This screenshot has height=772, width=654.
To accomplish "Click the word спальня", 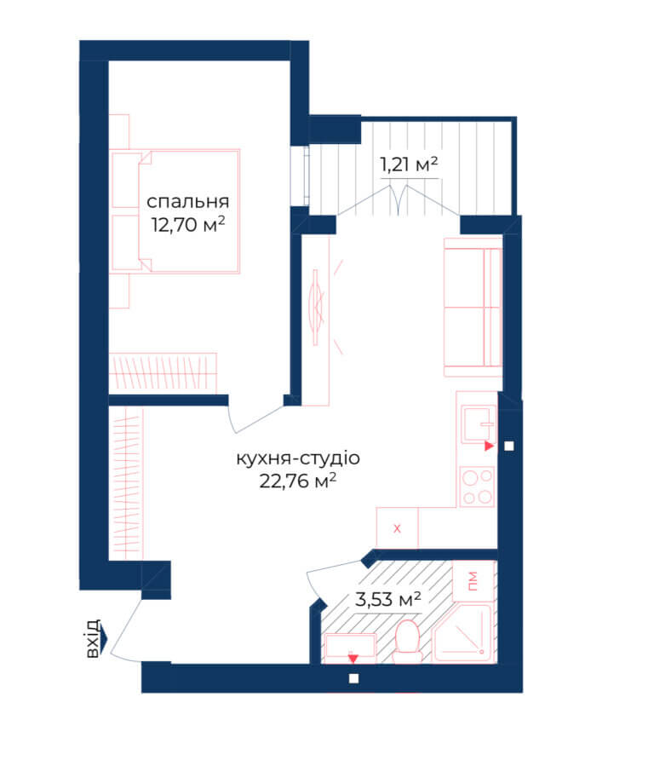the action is pos(188,201).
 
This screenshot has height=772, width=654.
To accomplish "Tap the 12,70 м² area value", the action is pos(188,224).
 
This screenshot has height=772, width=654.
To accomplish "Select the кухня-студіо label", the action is pos(298,458).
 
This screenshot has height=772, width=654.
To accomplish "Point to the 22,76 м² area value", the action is pos(298,481).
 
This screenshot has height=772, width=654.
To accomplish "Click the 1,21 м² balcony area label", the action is pos(409,164).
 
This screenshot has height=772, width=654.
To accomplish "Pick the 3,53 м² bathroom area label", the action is pos(387,599).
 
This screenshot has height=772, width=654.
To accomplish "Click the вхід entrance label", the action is pos(93,639).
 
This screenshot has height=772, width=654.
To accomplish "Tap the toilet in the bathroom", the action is pos(407,641).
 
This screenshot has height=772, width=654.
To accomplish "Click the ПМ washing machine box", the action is pos(473,581).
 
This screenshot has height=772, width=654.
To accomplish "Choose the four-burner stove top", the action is pos(478,487).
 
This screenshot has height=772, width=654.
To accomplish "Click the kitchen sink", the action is pos(478,423).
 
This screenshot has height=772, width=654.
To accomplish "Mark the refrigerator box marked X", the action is pos(397,528).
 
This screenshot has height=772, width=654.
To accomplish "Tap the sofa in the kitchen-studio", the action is pos(473,308).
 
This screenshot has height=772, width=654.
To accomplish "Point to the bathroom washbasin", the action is pos(350,646).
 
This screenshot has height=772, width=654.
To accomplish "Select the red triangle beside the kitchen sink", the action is pos(489,446).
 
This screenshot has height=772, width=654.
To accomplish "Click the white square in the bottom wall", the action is pos(353,678).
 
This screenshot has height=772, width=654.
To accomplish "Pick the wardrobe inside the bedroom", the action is pos(163,372).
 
